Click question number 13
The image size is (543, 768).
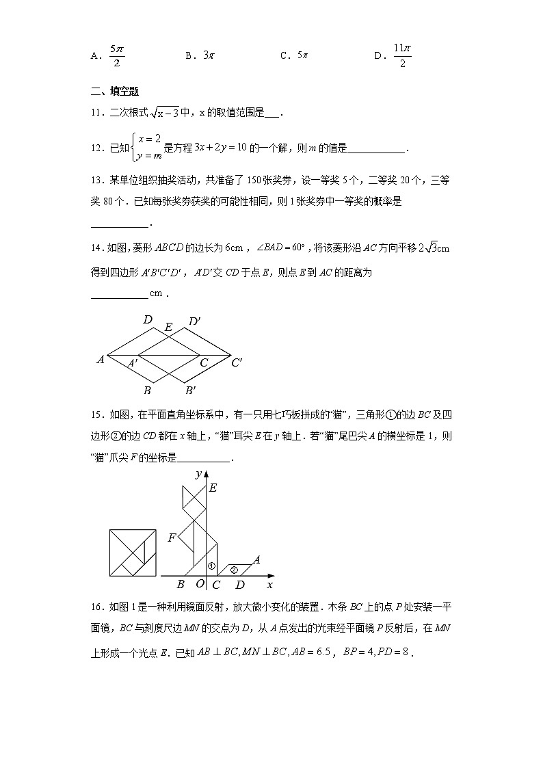pyautogui.click(x=96, y=181)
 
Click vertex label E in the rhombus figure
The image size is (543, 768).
pyautogui.click(x=168, y=328)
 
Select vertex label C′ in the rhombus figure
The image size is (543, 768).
pyautogui.click(x=237, y=362)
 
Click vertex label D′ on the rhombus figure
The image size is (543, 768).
pyautogui.click(x=194, y=321)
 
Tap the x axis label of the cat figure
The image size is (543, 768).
pyautogui.click(x=269, y=585)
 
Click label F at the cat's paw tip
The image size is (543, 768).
pyautogui.click(x=172, y=538)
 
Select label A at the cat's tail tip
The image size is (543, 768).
pyautogui.click(x=257, y=560)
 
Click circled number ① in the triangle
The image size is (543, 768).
pyautogui.click(x=212, y=566)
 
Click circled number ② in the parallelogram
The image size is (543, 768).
pyautogui.click(x=233, y=569)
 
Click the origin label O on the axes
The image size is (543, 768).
pyautogui.click(x=200, y=584)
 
